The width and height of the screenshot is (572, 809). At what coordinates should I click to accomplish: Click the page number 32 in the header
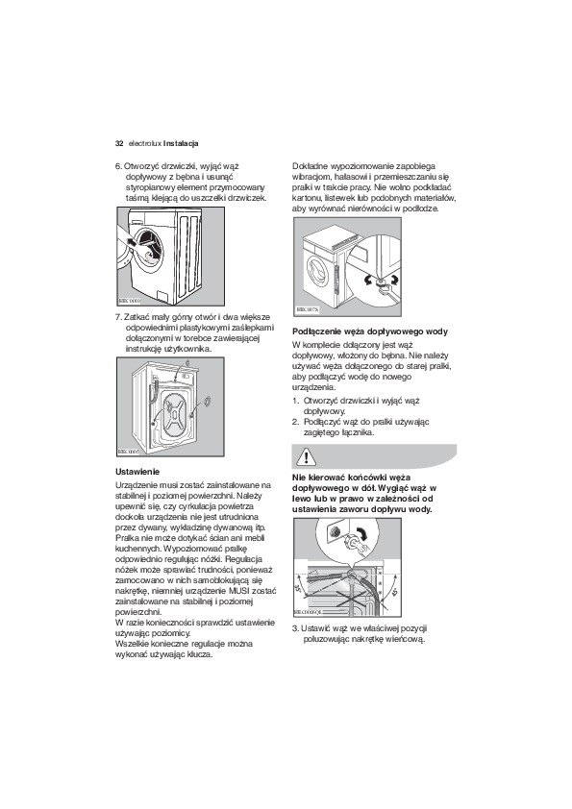click(119, 143)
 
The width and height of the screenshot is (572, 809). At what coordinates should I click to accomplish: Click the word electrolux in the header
click(145, 143)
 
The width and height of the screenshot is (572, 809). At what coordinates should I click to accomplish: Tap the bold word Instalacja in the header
click(181, 143)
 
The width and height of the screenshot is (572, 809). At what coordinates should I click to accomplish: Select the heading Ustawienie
click(137, 472)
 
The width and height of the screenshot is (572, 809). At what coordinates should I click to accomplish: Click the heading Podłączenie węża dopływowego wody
click(370, 331)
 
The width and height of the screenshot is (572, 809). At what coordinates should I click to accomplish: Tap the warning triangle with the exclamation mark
click(307, 457)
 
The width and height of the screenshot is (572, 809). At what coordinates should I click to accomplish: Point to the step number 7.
click(118, 317)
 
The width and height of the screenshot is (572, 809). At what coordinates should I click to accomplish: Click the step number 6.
click(118, 166)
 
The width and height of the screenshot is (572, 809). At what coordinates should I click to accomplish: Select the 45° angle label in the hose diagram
click(395, 592)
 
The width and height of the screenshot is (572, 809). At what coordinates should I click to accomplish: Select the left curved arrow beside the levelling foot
click(367, 281)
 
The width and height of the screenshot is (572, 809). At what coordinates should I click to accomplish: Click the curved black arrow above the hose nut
click(363, 534)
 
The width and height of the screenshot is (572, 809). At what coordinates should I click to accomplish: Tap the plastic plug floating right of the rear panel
click(207, 402)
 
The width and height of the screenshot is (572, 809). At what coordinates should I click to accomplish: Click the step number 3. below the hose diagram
click(296, 628)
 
